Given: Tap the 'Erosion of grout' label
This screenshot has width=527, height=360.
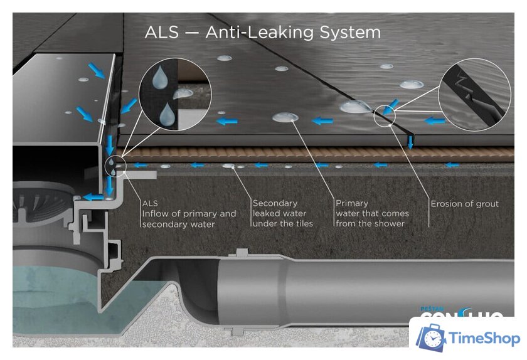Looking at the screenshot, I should point(464,204).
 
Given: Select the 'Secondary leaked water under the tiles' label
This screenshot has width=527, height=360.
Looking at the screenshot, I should point(282,213).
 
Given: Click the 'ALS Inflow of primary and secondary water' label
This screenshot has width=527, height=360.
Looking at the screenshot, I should point(189,213).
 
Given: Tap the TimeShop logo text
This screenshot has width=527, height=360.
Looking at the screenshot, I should point(484,339).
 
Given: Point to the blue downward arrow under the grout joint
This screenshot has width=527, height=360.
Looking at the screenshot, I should point(410,140).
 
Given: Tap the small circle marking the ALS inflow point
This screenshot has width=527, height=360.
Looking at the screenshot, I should point(115,165).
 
